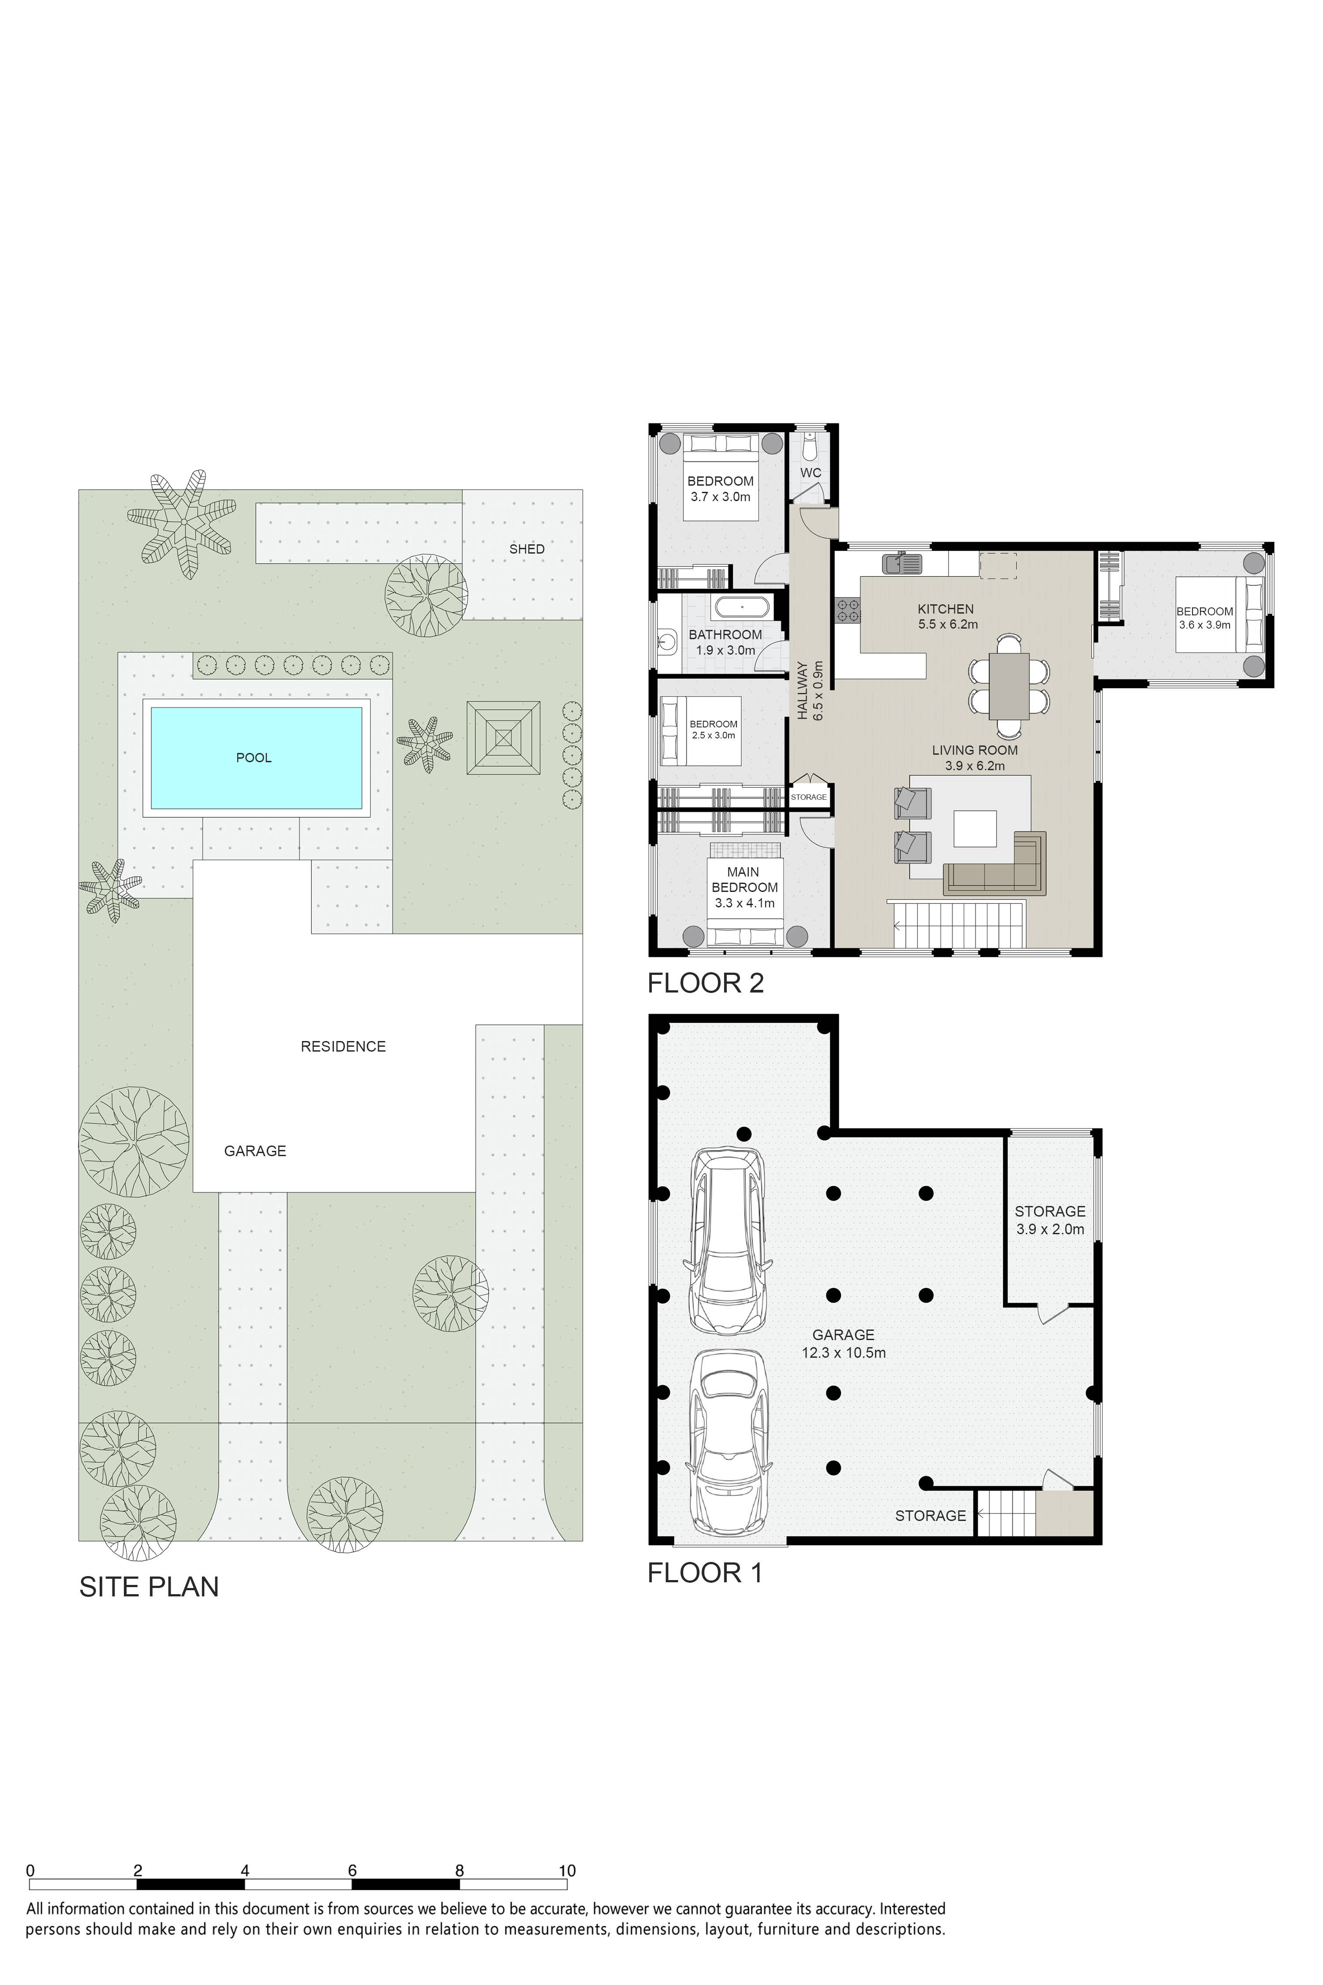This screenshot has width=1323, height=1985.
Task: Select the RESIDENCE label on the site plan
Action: click(344, 1046)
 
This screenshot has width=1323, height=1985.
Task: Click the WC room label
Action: click(811, 472)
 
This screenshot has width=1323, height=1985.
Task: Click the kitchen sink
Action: click(903, 561)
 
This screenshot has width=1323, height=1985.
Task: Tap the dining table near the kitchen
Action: click(1009, 685)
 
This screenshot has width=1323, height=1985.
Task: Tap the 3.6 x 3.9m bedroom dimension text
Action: click(1205, 625)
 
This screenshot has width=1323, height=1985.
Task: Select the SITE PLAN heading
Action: click(149, 1587)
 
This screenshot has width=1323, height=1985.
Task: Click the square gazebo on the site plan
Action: click(504, 738)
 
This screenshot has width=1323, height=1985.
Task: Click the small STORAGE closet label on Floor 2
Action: click(808, 797)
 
